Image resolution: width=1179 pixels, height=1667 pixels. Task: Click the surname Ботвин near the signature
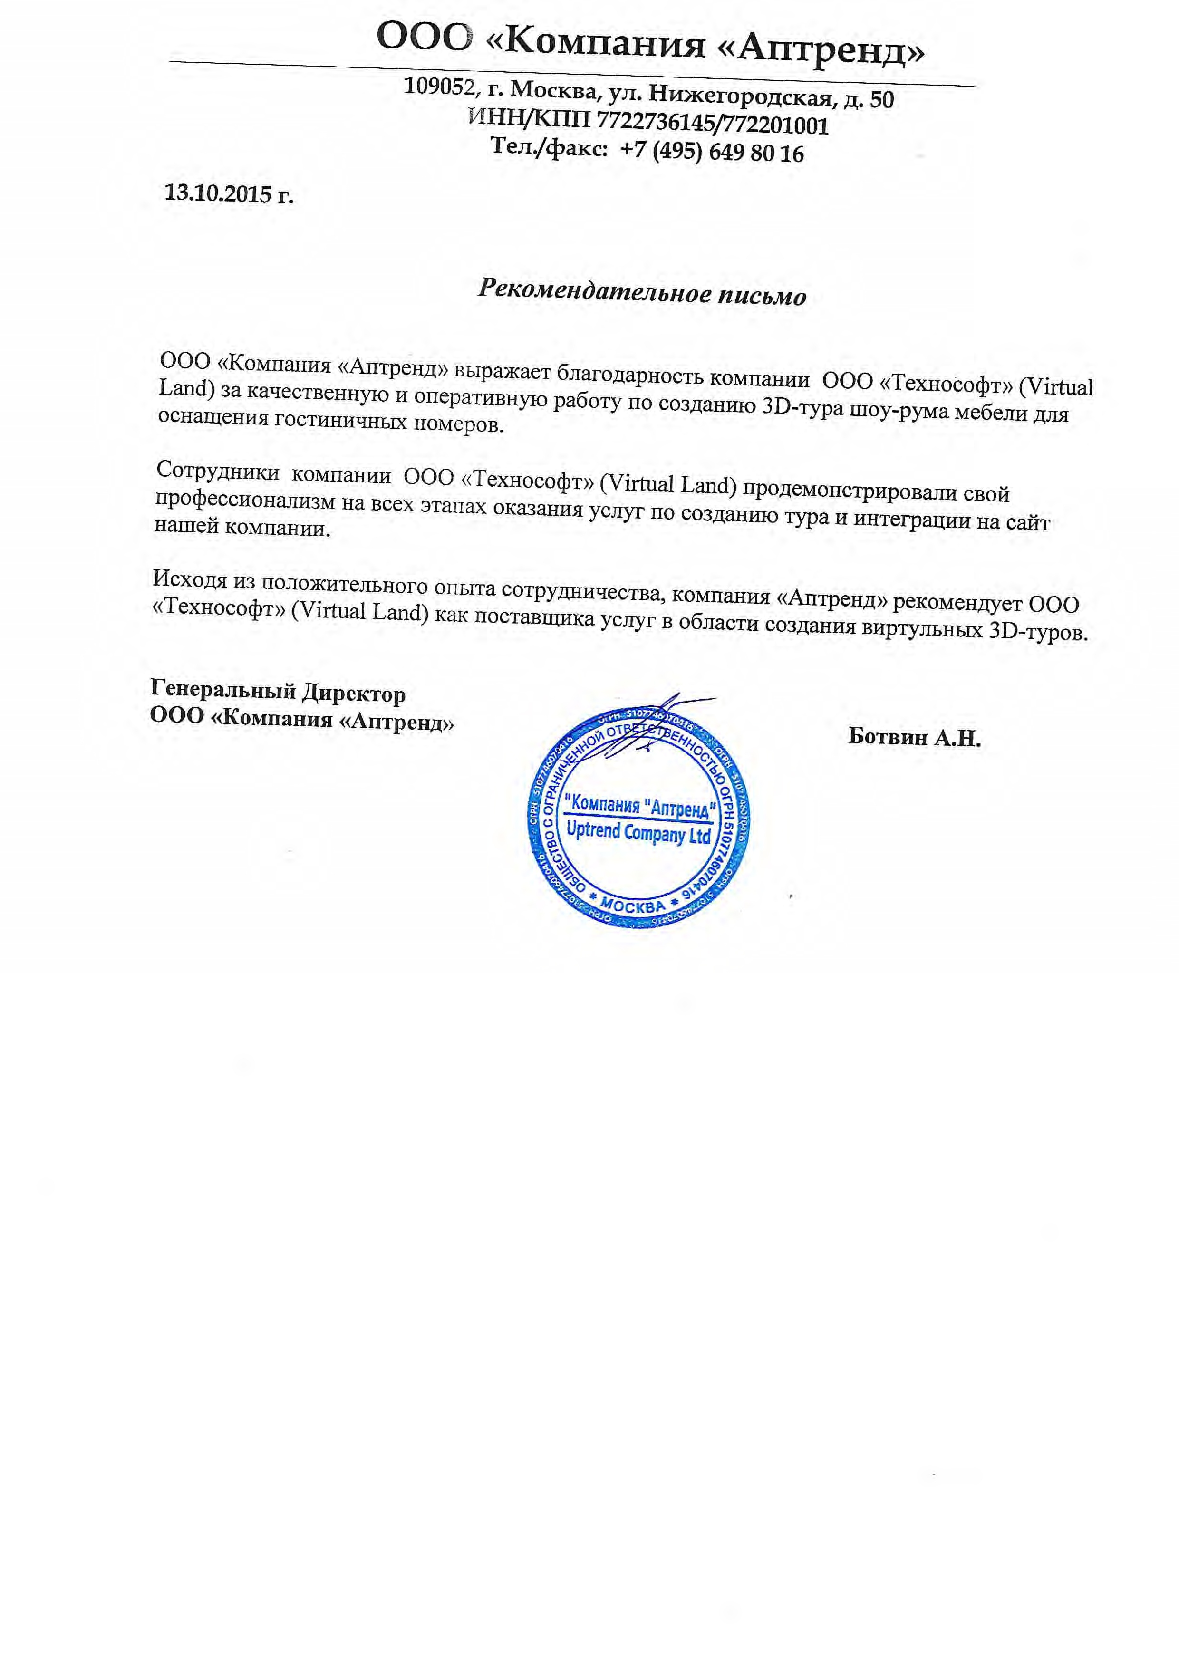tap(887, 738)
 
